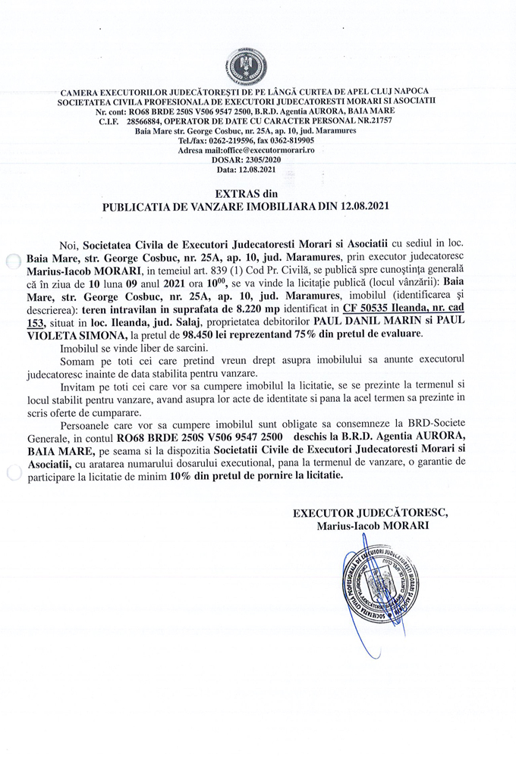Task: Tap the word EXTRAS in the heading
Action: (x=236, y=194)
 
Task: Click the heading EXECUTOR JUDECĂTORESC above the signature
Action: (x=370, y=512)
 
